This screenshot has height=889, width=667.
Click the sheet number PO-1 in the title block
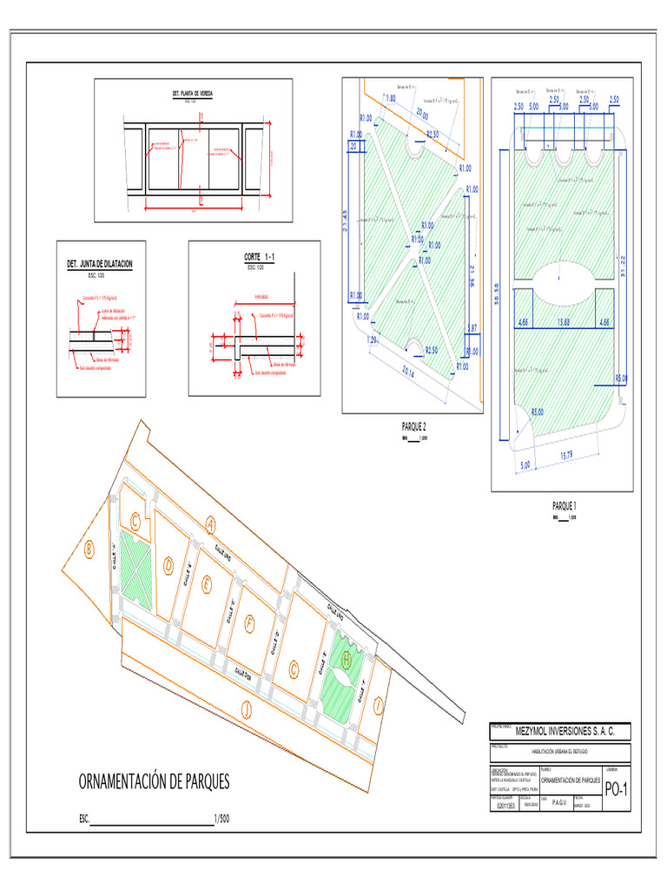point(616,790)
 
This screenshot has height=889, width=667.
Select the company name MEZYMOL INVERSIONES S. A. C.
point(565,732)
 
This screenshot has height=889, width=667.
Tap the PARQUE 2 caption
point(413,426)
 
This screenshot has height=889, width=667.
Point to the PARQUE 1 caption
point(565,505)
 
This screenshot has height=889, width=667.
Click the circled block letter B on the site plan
point(89,549)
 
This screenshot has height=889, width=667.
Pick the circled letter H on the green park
point(347,660)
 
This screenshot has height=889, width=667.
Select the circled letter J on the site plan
point(247,710)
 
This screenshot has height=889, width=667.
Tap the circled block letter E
point(206,585)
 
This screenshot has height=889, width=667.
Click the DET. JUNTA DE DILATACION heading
point(100,263)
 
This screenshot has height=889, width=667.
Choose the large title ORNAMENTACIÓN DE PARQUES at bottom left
point(155,781)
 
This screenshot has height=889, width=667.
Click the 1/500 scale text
point(220,819)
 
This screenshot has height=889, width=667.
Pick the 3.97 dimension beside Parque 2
point(472,327)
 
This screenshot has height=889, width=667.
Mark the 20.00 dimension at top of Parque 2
point(422,113)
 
